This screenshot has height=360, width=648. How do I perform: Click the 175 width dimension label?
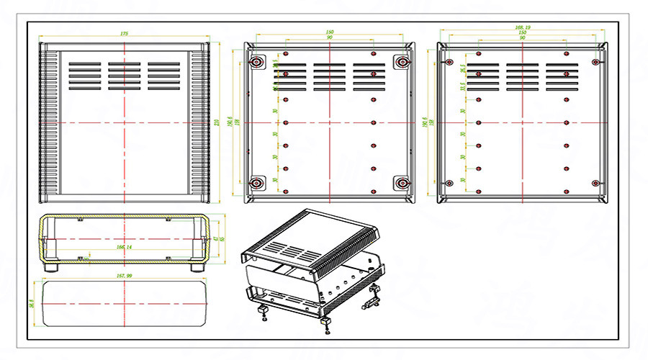pos(125,34)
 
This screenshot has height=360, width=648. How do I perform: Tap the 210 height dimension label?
pos(217,122)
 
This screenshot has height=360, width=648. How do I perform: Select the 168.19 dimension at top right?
pos(523,27)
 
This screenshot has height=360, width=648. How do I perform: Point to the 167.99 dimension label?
pos(125,276)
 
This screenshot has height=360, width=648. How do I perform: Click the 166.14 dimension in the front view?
pos(125,247)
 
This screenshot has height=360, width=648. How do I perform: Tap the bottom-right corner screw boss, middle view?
pos(402,182)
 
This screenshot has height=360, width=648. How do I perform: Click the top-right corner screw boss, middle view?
pos(402,63)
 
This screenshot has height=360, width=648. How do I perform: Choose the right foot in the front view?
pos(197,266)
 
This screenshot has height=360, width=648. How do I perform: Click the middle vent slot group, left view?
pos(125,76)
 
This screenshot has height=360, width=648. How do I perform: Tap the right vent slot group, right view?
pos(562,76)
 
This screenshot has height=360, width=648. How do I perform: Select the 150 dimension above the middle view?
pos(330,33)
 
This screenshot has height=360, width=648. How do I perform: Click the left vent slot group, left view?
pos(85,76)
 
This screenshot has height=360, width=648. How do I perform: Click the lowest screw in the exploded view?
pos(328,333)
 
